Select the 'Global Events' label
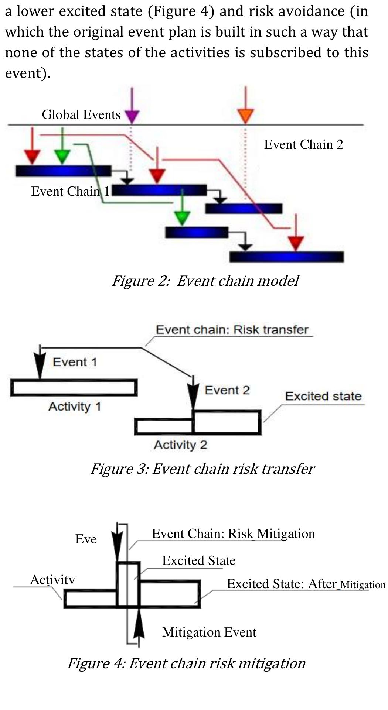pyautogui.click(x=81, y=114)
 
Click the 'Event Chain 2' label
pyautogui.click(x=303, y=144)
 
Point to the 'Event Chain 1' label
pyautogui.click(x=70, y=191)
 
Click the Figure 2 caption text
pyautogui.click(x=205, y=281)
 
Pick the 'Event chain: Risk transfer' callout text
pyautogui.click(x=232, y=329)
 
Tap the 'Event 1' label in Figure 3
pyautogui.click(x=75, y=362)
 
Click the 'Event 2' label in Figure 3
pyautogui.click(x=227, y=390)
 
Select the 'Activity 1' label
pyautogui.click(x=75, y=407)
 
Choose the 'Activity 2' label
pyautogui.click(x=180, y=445)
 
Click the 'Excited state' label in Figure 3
pyautogui.click(x=323, y=396)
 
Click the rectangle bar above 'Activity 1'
pyautogui.click(x=74, y=388)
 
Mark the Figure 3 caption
pyautogui.click(x=202, y=469)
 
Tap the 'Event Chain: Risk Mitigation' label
pyautogui.click(x=233, y=534)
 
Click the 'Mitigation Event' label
pyautogui.click(x=209, y=632)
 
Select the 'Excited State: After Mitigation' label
pyautogui.click(x=306, y=584)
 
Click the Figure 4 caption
pyautogui.click(x=186, y=663)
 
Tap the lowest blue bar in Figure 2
pyautogui.click(x=286, y=257)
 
